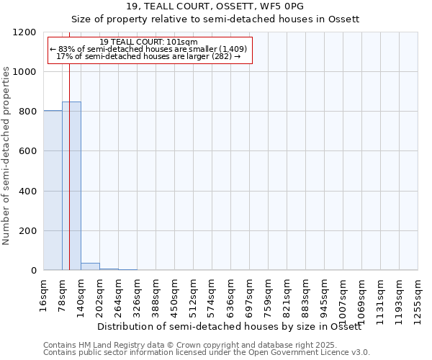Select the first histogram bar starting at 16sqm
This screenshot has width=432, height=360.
coord(53,190)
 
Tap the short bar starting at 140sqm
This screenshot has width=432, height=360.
coord(90,266)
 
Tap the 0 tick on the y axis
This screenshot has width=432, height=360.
coord(33,271)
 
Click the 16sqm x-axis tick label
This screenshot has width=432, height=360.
coord(43,294)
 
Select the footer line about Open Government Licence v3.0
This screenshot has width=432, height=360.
coord(206,353)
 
